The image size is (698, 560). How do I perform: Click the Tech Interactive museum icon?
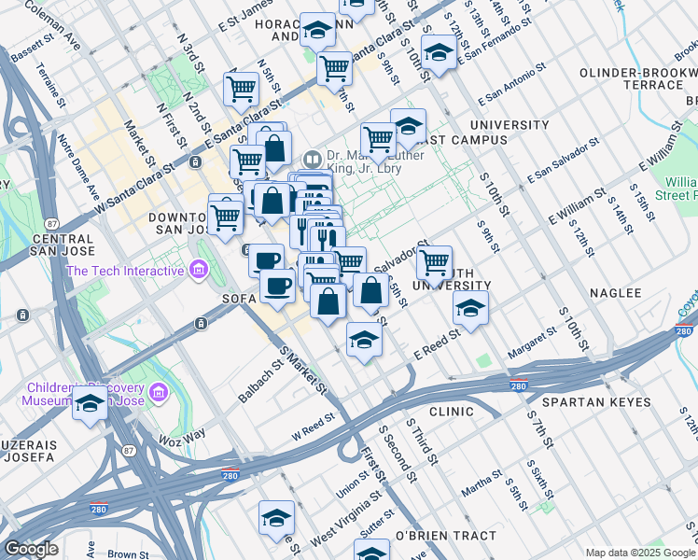point(197,272)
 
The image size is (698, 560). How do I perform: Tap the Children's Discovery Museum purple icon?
point(158,390)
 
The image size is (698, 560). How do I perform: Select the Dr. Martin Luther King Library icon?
point(312,158)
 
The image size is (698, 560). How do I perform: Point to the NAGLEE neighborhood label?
point(616,293)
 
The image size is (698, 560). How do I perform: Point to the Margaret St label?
point(532,346)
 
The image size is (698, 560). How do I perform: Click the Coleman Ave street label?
point(52,24)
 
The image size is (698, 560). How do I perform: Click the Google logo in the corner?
point(31,549)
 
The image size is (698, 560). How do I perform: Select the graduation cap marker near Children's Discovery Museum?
point(90,403)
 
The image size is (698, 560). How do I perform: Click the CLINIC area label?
point(452,411)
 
